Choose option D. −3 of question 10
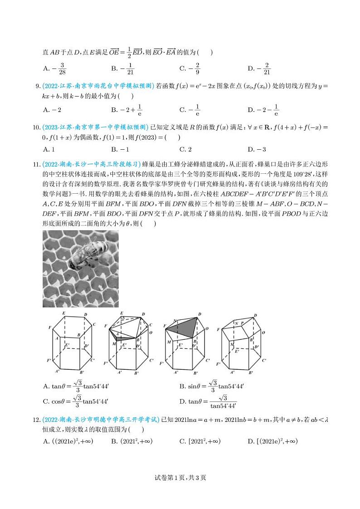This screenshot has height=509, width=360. (x=257, y=149)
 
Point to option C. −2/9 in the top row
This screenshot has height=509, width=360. (x=190, y=69)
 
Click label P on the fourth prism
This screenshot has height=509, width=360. (x=243, y=323)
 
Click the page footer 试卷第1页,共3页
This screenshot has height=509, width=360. (x=180, y=477)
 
